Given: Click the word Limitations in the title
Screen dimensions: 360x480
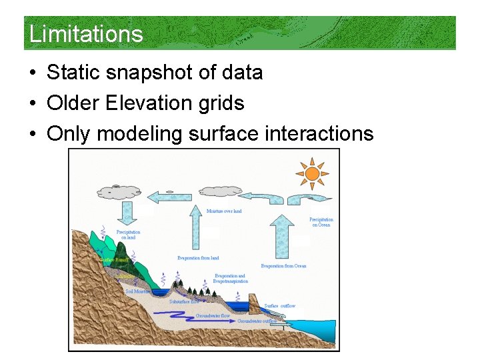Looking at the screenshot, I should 86,33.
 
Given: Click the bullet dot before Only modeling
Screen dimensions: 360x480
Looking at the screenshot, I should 33,135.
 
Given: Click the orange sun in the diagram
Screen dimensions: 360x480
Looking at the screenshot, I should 311,174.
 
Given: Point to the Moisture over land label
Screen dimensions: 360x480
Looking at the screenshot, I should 224,211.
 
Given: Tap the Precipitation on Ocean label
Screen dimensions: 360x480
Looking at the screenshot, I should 321,222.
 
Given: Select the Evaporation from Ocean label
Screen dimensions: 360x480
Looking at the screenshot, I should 283,266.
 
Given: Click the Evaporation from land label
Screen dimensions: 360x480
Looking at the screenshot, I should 198,258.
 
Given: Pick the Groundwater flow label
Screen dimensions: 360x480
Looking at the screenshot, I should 213,315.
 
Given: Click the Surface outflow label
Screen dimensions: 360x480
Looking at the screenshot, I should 279,306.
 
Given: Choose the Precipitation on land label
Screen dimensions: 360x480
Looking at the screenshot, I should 128,235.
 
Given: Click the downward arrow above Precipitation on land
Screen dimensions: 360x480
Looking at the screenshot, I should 127,215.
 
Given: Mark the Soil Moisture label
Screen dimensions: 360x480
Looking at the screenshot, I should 138,291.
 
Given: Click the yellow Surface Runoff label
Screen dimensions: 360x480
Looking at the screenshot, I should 114,259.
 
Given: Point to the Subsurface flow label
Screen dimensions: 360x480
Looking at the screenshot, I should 184,301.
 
